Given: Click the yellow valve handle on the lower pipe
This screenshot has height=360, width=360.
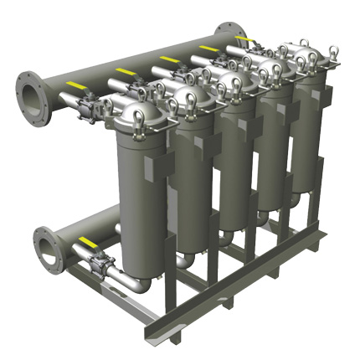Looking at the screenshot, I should (x=86, y=242).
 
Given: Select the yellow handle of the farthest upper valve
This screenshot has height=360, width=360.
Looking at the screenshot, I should (x=243, y=39).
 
